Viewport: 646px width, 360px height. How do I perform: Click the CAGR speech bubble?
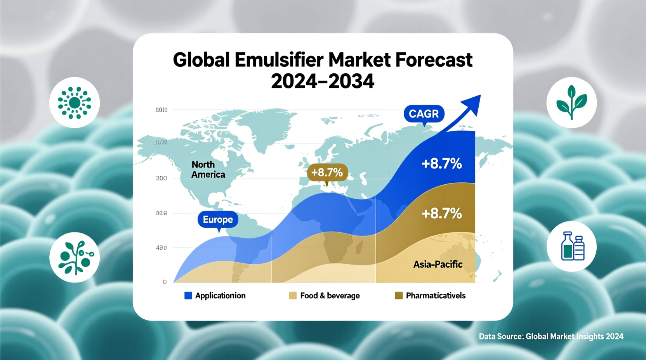[424, 114]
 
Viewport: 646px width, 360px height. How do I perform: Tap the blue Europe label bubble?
[218, 220]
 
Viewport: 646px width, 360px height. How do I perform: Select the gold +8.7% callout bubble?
[327, 172]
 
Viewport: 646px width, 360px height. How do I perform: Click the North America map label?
[208, 170]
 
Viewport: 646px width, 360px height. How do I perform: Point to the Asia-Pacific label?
[438, 265]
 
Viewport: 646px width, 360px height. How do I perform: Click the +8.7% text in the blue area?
[441, 164]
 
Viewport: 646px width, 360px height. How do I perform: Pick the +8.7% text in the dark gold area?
[441, 213]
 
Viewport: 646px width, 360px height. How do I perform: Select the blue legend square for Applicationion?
[188, 296]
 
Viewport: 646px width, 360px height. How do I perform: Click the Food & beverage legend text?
[330, 296]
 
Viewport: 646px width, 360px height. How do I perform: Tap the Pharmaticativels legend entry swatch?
[399, 296]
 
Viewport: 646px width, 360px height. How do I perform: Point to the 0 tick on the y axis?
[165, 282]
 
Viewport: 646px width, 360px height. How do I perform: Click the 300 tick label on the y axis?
[161, 178]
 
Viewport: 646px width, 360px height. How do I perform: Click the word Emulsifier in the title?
[279, 60]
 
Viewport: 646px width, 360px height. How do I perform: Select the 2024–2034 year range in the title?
[322, 81]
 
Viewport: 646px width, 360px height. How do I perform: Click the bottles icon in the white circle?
[572, 246]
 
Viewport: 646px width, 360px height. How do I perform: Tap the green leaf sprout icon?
[571, 102]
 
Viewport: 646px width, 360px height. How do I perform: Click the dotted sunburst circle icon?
[75, 102]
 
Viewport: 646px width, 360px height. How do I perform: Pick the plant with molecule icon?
[75, 258]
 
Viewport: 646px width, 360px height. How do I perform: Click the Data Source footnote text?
[551, 336]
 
